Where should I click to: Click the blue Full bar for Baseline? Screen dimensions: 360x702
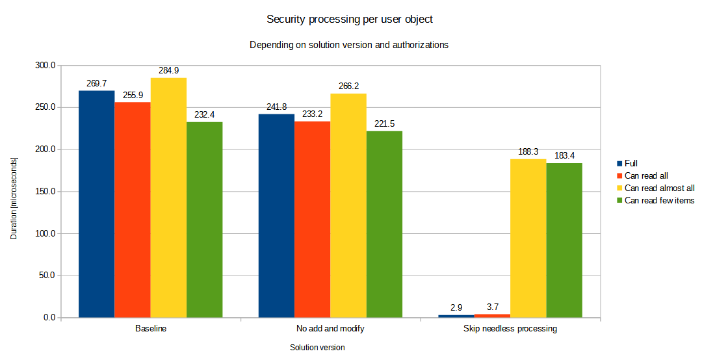pos(96,204)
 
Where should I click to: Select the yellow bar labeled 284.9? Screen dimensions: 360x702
pos(168,198)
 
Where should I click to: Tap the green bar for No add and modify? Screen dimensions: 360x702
pos(384,224)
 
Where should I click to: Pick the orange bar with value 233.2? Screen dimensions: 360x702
pos(312,220)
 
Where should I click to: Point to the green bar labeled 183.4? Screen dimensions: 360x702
pos(564,240)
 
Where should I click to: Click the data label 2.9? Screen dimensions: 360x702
pos(455,307)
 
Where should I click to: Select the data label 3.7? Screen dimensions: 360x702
pos(491,306)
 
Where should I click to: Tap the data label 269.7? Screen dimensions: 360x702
pos(96,84)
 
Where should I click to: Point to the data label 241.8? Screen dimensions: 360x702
pos(276,107)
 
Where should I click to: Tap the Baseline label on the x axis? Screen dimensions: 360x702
pos(151,329)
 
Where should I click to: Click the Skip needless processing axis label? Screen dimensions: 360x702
pos(510,329)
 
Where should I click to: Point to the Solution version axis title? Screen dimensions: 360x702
pos(317,348)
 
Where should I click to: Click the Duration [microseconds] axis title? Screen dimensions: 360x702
pos(14,192)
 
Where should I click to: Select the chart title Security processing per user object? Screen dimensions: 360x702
pos(350,19)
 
